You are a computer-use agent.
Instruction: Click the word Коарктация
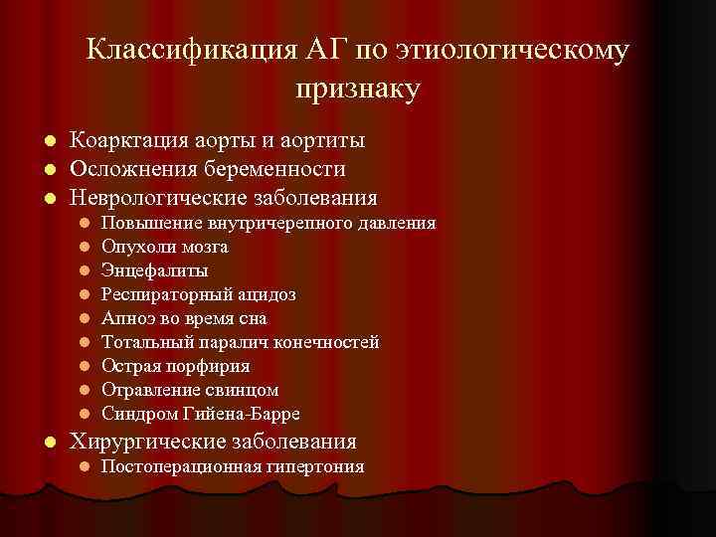(133, 141)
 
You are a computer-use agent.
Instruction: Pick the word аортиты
(317, 141)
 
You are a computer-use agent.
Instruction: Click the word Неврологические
(167, 197)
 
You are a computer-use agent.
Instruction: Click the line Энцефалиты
(154, 270)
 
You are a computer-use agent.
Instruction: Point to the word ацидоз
(267, 294)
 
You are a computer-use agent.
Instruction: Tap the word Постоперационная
(172, 466)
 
